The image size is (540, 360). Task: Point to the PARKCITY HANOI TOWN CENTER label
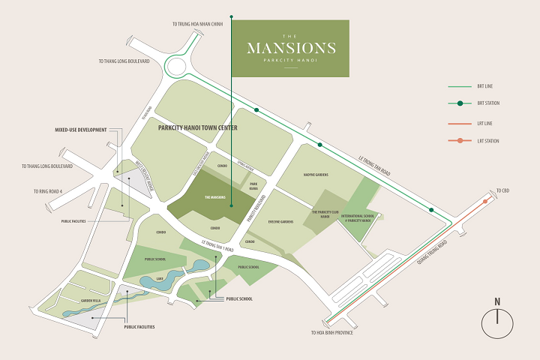[x=198, y=128]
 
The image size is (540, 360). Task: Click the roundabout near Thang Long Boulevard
[x=180, y=67]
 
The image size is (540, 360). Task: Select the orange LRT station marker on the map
[x=487, y=201]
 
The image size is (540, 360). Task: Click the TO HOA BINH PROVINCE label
[x=331, y=332]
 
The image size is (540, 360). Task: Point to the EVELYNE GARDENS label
[x=280, y=222]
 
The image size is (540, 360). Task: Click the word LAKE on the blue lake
[x=159, y=278]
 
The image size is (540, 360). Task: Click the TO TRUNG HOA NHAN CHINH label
[x=198, y=24]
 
